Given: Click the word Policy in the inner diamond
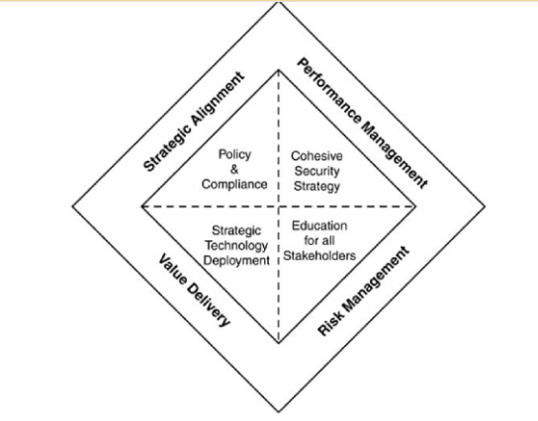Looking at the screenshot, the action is point(234,154).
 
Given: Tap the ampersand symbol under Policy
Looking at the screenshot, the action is point(234,169).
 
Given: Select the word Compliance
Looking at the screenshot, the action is point(234,185).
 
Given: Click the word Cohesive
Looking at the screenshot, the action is point(316,156).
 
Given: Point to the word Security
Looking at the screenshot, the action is point(317,171).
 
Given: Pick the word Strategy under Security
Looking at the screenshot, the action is point(317,186).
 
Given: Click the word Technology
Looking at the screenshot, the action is point(236,246).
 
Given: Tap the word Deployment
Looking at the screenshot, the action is point(236,261).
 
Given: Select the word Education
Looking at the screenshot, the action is point(319,226).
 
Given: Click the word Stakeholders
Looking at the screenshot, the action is point(319,256).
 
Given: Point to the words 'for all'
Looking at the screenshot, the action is point(319,241).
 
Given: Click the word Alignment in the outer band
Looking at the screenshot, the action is point(218,99).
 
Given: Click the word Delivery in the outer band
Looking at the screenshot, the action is point(209,305).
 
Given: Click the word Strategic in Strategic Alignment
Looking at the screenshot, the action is point(166,149).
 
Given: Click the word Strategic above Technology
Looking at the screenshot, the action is point(236,230).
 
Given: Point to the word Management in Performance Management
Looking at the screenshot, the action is point(395,156).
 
